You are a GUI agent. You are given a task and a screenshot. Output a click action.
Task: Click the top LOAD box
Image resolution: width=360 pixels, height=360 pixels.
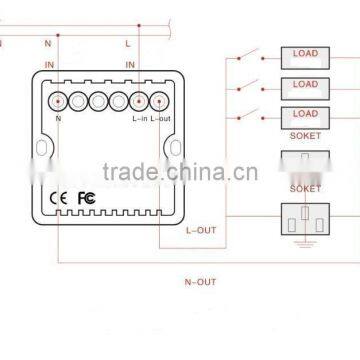coord(304,55)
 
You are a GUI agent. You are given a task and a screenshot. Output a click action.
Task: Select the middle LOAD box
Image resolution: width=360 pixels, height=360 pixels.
coord(304,86)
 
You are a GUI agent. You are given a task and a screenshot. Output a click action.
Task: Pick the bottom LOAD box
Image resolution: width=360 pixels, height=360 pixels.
coord(304,116)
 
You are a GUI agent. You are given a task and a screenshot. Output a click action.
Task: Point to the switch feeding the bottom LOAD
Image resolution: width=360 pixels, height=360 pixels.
coord(259,114)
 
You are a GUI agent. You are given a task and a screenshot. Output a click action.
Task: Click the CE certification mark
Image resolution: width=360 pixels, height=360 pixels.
coord(61,197)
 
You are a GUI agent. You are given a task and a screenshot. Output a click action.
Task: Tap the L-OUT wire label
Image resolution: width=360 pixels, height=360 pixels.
coord(200,229)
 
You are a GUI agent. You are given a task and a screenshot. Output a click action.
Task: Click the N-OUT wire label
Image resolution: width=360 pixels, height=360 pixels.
coord(200,282)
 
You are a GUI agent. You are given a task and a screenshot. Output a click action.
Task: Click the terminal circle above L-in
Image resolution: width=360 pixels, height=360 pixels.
coord(138,101)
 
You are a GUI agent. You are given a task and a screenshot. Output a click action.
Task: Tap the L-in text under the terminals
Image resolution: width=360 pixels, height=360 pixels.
coord(139,119)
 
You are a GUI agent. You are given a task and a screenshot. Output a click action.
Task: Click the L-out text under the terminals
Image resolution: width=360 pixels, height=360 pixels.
coord(161,119)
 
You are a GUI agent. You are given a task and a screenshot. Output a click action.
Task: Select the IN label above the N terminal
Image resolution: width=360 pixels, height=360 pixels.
coord(50,65)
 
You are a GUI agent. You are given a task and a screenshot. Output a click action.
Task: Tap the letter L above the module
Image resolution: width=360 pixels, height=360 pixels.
coord(128,44)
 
